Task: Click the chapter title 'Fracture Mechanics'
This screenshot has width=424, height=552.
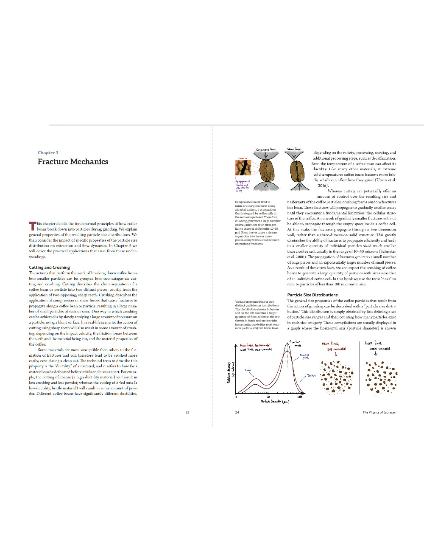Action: tap(73, 162)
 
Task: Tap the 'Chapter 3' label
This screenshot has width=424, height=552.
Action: tap(48, 153)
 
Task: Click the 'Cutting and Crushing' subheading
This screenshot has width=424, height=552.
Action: tap(49, 268)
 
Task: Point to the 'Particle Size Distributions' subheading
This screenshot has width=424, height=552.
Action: tap(312, 295)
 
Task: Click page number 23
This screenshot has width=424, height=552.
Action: tap(187, 412)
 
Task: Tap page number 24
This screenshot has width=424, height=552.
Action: tap(237, 412)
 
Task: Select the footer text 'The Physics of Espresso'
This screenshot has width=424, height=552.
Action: tap(379, 412)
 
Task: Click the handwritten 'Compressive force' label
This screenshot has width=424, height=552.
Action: tap(266, 149)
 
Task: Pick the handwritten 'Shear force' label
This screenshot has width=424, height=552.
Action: tap(294, 149)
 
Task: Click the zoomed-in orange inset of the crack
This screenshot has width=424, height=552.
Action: tap(243, 168)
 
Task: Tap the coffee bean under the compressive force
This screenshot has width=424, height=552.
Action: tap(266, 170)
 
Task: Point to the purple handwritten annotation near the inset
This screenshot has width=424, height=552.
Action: tap(243, 186)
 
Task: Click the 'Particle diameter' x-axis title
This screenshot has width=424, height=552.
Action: tap(275, 401)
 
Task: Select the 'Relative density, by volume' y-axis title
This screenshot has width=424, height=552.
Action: tap(231, 372)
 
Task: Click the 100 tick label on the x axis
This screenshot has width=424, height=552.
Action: tap(268, 397)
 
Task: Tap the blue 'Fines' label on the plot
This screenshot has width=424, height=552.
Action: tap(248, 370)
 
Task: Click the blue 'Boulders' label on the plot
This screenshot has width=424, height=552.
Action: tap(311, 376)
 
